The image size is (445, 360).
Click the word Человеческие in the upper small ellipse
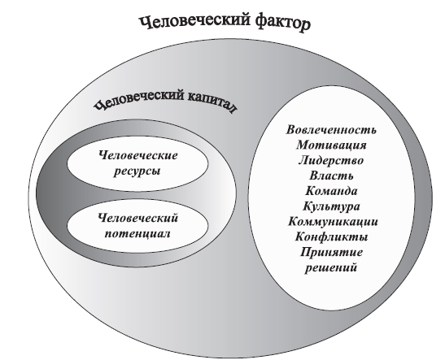[138, 155]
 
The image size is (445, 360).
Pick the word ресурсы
[137, 171]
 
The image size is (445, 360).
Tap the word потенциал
[137, 234]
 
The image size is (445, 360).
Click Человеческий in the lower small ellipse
[138, 219]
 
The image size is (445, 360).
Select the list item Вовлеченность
[331, 130]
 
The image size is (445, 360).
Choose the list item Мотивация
[331, 145]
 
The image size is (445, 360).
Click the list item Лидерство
[331, 160]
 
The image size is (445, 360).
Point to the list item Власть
[331, 176]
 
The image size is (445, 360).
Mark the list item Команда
[331, 191]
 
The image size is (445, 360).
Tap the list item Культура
[331, 206]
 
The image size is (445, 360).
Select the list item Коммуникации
[333, 222]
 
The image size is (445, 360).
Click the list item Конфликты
[331, 237]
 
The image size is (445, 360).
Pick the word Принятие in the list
[331, 252]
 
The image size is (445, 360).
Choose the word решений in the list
[331, 268]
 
